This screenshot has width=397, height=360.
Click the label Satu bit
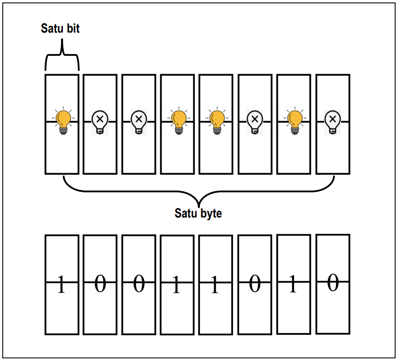click(x=61, y=28)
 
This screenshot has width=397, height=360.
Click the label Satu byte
click(x=198, y=213)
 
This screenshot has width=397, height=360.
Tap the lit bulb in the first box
click(x=62, y=121)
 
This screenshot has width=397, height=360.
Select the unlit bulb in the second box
click(x=100, y=122)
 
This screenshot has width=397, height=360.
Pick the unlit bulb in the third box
click(x=138, y=122)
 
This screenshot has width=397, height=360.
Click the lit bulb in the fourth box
click(x=178, y=121)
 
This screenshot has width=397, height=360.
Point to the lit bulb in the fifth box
click(x=216, y=121)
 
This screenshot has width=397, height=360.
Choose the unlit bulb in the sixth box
click(x=254, y=122)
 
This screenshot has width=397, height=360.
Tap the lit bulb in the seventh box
click(x=294, y=121)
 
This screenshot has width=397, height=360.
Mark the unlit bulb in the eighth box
click(x=332, y=122)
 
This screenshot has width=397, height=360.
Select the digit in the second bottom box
click(x=100, y=284)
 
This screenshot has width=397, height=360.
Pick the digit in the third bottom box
click(x=138, y=284)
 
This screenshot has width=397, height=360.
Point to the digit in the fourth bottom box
click(x=176, y=285)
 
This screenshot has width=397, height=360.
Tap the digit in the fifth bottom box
click(x=214, y=285)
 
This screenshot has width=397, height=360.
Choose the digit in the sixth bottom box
click(x=254, y=284)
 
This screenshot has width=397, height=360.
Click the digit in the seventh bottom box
click(x=293, y=285)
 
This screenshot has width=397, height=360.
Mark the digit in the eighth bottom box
click(x=332, y=283)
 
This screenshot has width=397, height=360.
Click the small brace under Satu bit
click(x=62, y=58)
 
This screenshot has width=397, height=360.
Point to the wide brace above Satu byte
click(x=199, y=191)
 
